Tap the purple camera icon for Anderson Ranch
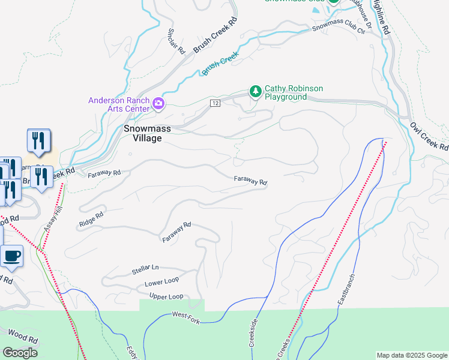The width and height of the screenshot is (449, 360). pyautogui.click(x=158, y=104)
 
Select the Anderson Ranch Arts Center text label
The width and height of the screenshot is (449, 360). pyautogui.click(x=119, y=104)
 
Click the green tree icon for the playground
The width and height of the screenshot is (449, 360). pyautogui.click(x=256, y=92)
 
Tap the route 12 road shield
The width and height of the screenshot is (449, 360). pyautogui.click(x=214, y=104)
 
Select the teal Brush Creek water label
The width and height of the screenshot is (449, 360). pyautogui.click(x=220, y=63)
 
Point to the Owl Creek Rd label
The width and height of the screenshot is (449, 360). pyautogui.click(x=429, y=136)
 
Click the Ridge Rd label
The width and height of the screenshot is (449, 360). pyautogui.click(x=91, y=219)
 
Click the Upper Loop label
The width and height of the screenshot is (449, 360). pyautogui.click(x=166, y=296)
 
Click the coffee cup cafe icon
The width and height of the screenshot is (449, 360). pyautogui.click(x=11, y=256)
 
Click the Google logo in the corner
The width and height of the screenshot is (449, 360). pyautogui.click(x=20, y=353)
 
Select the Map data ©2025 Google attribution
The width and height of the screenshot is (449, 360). pyautogui.click(x=412, y=355)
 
